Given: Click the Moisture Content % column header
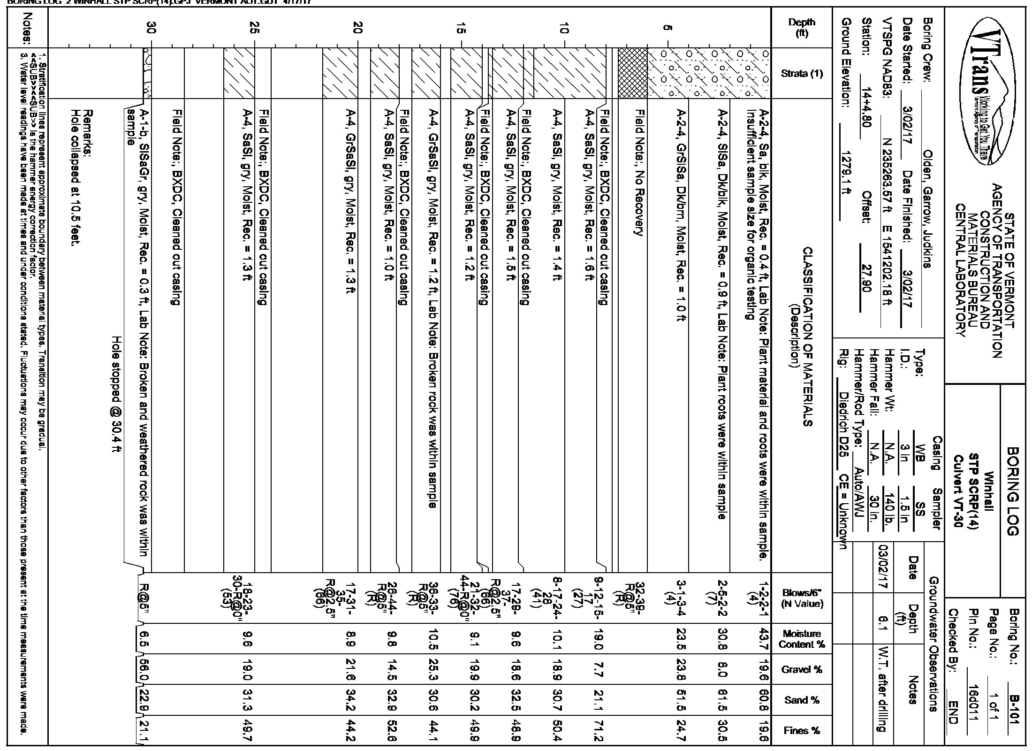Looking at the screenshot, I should click(802, 639).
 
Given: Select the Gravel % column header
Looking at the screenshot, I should click(802, 669).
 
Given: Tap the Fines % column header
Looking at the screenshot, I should click(802, 731).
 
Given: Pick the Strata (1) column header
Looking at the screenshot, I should click(802, 73).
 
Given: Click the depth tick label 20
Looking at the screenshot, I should click(358, 29).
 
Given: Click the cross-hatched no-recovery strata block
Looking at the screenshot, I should click(632, 73).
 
